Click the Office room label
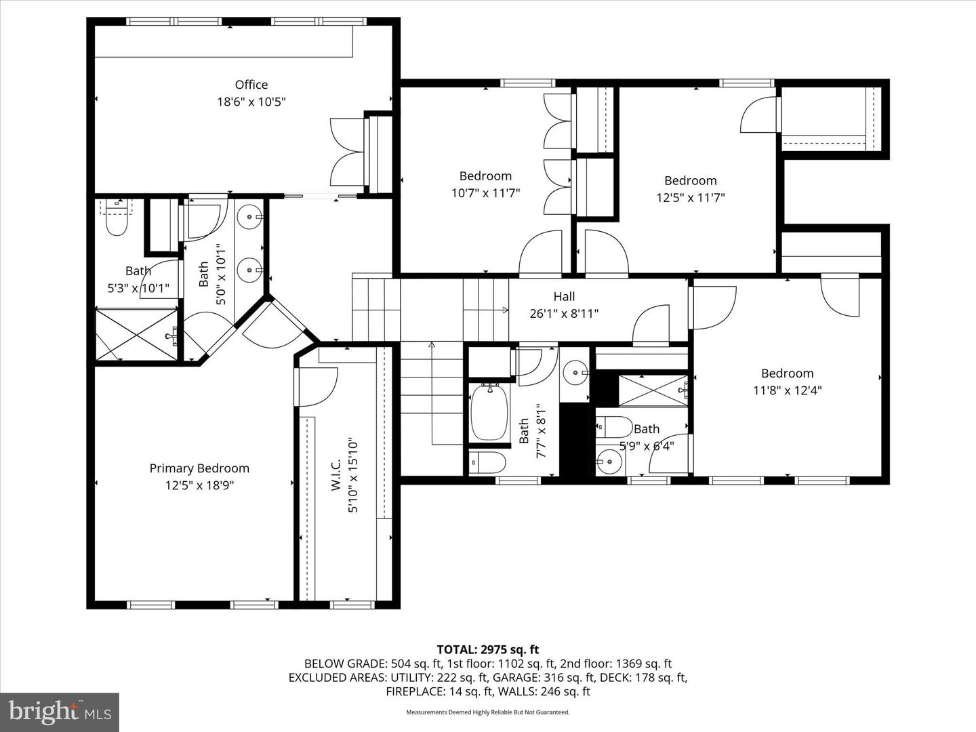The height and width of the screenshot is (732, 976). [x=251, y=85]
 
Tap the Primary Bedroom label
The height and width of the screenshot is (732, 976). [x=199, y=468]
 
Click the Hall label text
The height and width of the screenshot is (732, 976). [x=564, y=296]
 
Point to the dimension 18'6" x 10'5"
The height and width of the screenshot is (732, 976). [x=251, y=102]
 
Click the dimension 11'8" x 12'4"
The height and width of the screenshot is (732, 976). [x=787, y=390]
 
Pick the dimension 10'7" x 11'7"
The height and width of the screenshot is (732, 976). [x=485, y=193]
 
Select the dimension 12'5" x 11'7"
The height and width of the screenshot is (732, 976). [x=690, y=198]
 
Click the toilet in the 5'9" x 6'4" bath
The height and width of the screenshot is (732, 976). [x=614, y=427]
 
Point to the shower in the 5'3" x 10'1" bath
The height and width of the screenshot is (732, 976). [x=136, y=334]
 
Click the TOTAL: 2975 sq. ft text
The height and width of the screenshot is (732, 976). [x=487, y=650]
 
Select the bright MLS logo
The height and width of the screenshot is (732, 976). [x=60, y=712]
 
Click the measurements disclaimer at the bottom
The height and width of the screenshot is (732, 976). [x=487, y=712]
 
